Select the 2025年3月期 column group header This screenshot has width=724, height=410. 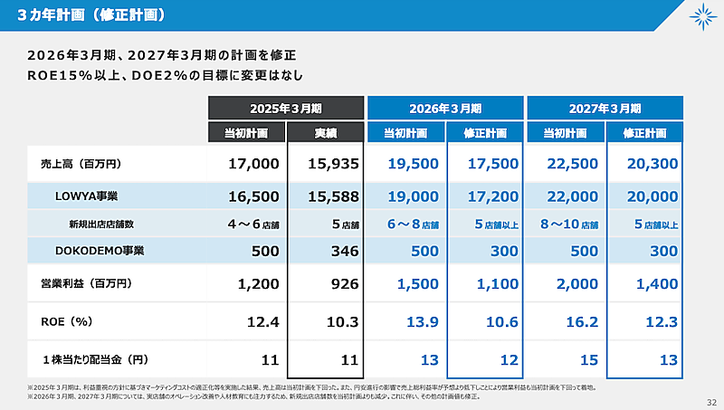coord(286,108)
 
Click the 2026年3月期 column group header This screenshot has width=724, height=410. coord(445,108)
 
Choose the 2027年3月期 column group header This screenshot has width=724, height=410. coord(605,108)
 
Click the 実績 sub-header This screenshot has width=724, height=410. coord(326,133)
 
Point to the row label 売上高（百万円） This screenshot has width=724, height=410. coord(80,165)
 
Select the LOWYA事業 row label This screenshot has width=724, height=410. coord(85,195)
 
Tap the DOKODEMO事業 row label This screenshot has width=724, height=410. coord(93,250)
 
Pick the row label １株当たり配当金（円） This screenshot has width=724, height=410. coord(93,359)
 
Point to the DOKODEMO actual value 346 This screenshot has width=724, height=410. coord(343,250)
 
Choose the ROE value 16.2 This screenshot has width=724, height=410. coord(581,321)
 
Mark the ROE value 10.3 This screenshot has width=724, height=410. coord(343,321)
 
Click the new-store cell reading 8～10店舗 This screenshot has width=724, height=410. coord(567,224)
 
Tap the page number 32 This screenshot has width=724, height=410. coord(710,401)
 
